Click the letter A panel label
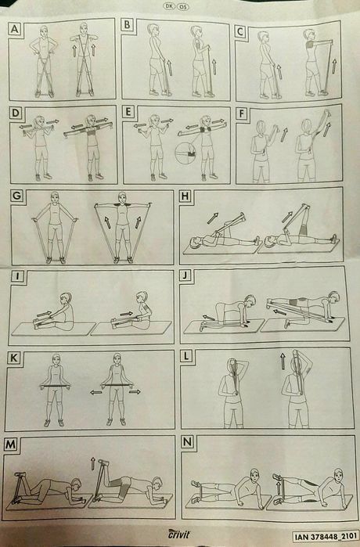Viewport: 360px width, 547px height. coord(15,29)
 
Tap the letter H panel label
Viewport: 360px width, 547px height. coord(185,196)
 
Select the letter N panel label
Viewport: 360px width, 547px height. coord(187,442)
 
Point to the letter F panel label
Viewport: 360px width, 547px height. coord(241,114)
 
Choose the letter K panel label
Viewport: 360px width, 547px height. coord(14,358)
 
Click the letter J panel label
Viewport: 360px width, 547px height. coord(185,275)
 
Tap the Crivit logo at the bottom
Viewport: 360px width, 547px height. coord(179,534)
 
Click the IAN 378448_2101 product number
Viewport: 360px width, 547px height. coord(326,536)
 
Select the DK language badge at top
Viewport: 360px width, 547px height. coord(168,6)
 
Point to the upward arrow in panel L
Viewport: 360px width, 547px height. coord(283,362)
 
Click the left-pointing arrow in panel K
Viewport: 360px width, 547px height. coord(96,392)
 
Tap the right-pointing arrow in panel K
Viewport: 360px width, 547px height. coord(135,392)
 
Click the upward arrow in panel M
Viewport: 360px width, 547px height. coord(93,463)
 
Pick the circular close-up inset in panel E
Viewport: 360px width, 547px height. coord(186,153)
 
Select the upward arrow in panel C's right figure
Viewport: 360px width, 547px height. coord(334,66)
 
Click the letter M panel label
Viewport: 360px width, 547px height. coord(10,444)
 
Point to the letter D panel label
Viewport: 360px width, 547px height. coord(16,113)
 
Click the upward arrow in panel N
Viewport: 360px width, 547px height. coord(279,488)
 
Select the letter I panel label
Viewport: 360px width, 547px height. coord(16,276)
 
